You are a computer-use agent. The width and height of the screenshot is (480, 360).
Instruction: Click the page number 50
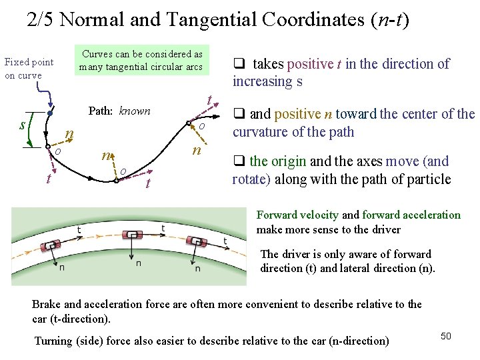click(446, 336)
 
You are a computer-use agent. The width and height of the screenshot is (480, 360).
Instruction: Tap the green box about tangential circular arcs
click(141, 60)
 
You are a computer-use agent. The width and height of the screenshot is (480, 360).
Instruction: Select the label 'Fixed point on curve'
click(29, 69)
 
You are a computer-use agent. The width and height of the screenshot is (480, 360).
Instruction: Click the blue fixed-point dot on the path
click(50, 113)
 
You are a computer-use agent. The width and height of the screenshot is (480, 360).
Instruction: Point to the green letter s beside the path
click(23, 124)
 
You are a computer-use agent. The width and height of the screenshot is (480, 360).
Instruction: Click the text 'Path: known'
click(119, 111)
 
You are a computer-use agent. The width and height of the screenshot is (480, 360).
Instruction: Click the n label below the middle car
click(138, 263)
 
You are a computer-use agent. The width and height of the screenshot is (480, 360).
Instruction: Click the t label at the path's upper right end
click(209, 101)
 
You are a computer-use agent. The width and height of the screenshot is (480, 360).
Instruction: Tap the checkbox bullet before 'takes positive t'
click(237, 64)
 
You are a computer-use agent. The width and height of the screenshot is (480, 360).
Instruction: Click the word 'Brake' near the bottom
click(47, 304)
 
